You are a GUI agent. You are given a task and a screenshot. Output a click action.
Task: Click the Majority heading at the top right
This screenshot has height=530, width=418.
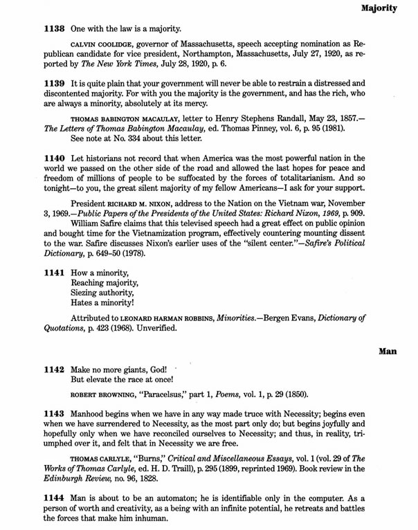click(379, 9)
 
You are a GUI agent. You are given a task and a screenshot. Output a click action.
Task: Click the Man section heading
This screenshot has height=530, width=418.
click(388, 351)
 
